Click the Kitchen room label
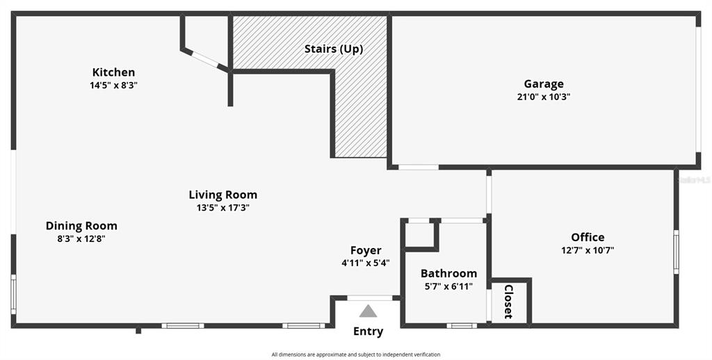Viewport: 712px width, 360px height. point(113,72)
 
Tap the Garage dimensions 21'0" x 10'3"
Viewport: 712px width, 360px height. point(544,97)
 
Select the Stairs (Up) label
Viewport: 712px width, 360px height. point(334,49)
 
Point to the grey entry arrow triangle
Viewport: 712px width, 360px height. point(368,311)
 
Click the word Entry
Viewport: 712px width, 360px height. point(369,332)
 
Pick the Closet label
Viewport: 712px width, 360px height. point(508,302)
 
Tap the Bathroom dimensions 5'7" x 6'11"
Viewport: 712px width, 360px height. point(448,286)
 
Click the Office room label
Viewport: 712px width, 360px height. point(588,237)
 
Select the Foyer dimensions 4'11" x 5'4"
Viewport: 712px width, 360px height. point(366,263)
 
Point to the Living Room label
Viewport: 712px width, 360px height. point(223,195)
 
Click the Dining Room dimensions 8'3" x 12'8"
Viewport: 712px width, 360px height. point(81,239)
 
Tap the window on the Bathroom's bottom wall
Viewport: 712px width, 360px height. point(462,325)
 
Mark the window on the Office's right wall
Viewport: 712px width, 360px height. point(676,252)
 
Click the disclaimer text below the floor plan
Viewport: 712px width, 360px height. point(356,354)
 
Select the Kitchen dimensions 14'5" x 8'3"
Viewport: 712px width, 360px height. point(113,85)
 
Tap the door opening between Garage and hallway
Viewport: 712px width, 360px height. point(419,167)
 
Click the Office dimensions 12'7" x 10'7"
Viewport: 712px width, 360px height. point(588,249)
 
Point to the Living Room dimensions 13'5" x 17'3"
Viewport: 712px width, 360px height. point(223,208)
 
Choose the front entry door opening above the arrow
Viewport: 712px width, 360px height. point(370,298)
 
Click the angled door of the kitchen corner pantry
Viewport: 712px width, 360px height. point(205,60)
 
